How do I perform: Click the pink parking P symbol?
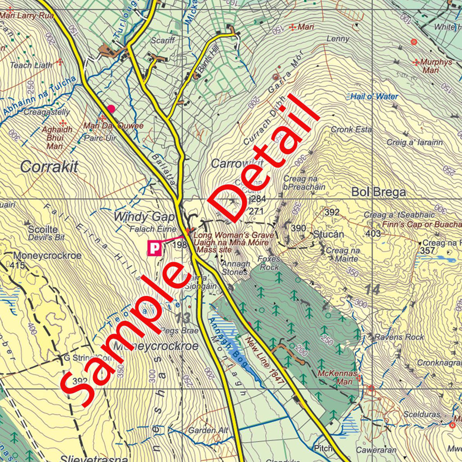pos(154,249)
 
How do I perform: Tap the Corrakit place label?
pos(49,167)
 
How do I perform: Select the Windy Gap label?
pos(144,217)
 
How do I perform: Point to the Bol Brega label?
pos(378,192)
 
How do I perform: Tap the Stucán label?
pos(328,234)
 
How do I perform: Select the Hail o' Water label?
pos(374,96)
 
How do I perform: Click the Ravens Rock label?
pos(399,337)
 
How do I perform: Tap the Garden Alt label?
pos(208,430)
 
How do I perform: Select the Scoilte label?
pos(43,229)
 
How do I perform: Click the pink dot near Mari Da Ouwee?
pos(111,109)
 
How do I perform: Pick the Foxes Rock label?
pos(269,263)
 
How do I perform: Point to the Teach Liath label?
pos(31,65)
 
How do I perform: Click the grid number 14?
pos(372,290)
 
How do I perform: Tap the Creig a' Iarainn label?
pos(414,142)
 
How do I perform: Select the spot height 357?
pos(427,250)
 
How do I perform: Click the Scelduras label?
pos(422,414)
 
